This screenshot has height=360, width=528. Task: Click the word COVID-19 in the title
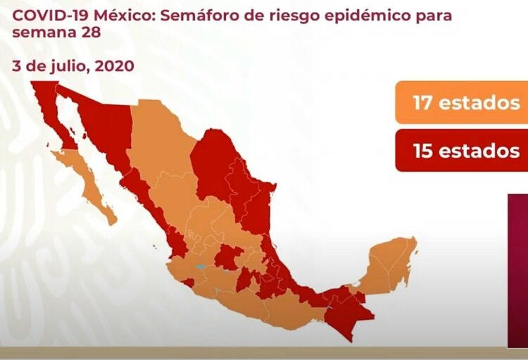click(44, 15)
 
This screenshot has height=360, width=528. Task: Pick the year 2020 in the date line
click(110, 66)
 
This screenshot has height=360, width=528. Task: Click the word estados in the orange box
click(479, 103)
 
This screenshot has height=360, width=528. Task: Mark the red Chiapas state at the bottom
click(345, 310)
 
